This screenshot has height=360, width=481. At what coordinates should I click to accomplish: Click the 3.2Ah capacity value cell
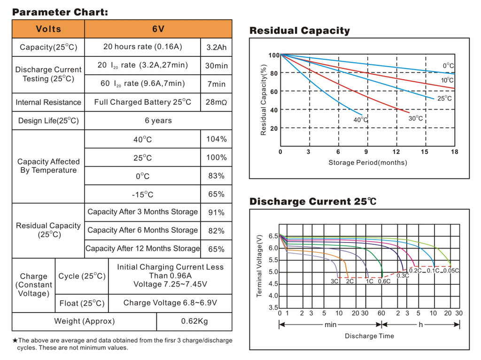216,47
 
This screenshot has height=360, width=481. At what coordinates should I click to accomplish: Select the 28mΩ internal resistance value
216,102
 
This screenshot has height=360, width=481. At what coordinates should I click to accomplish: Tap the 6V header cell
158,29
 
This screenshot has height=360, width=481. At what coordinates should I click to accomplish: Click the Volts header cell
48,29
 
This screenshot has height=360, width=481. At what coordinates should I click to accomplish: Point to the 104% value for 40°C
216,139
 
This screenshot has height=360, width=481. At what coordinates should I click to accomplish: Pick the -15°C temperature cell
142,194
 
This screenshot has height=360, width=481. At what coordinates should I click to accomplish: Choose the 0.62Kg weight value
194,321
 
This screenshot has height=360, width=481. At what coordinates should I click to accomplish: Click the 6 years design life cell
158,121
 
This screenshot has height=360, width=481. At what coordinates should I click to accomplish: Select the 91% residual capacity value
216,212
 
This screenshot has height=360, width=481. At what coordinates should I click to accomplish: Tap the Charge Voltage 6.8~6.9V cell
170,303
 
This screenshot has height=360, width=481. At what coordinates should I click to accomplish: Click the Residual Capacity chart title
299,31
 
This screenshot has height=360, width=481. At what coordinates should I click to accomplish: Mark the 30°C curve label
415,118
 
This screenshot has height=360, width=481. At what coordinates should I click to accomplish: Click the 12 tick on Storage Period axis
396,152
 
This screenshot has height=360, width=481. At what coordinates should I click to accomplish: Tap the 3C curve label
334,281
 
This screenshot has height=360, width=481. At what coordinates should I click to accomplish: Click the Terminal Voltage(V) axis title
259,266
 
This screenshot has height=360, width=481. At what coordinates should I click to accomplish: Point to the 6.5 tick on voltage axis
273,236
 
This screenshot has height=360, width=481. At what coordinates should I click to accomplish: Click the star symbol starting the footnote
15,340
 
